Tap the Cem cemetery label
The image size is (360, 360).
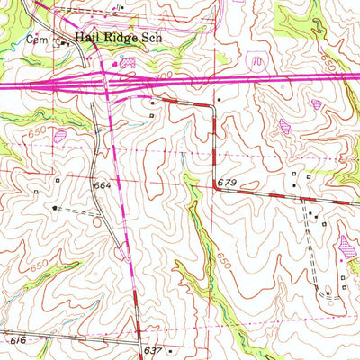point(36,40)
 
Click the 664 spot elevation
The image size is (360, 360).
point(102,185)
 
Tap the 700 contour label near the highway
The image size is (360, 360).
point(164,81)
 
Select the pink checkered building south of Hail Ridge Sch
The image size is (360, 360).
point(127,64)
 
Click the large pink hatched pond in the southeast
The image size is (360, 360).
point(347,243)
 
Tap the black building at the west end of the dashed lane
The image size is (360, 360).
point(56,207)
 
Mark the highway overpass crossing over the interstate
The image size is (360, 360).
point(108,82)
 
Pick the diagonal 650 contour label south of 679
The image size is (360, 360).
point(220,261)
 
